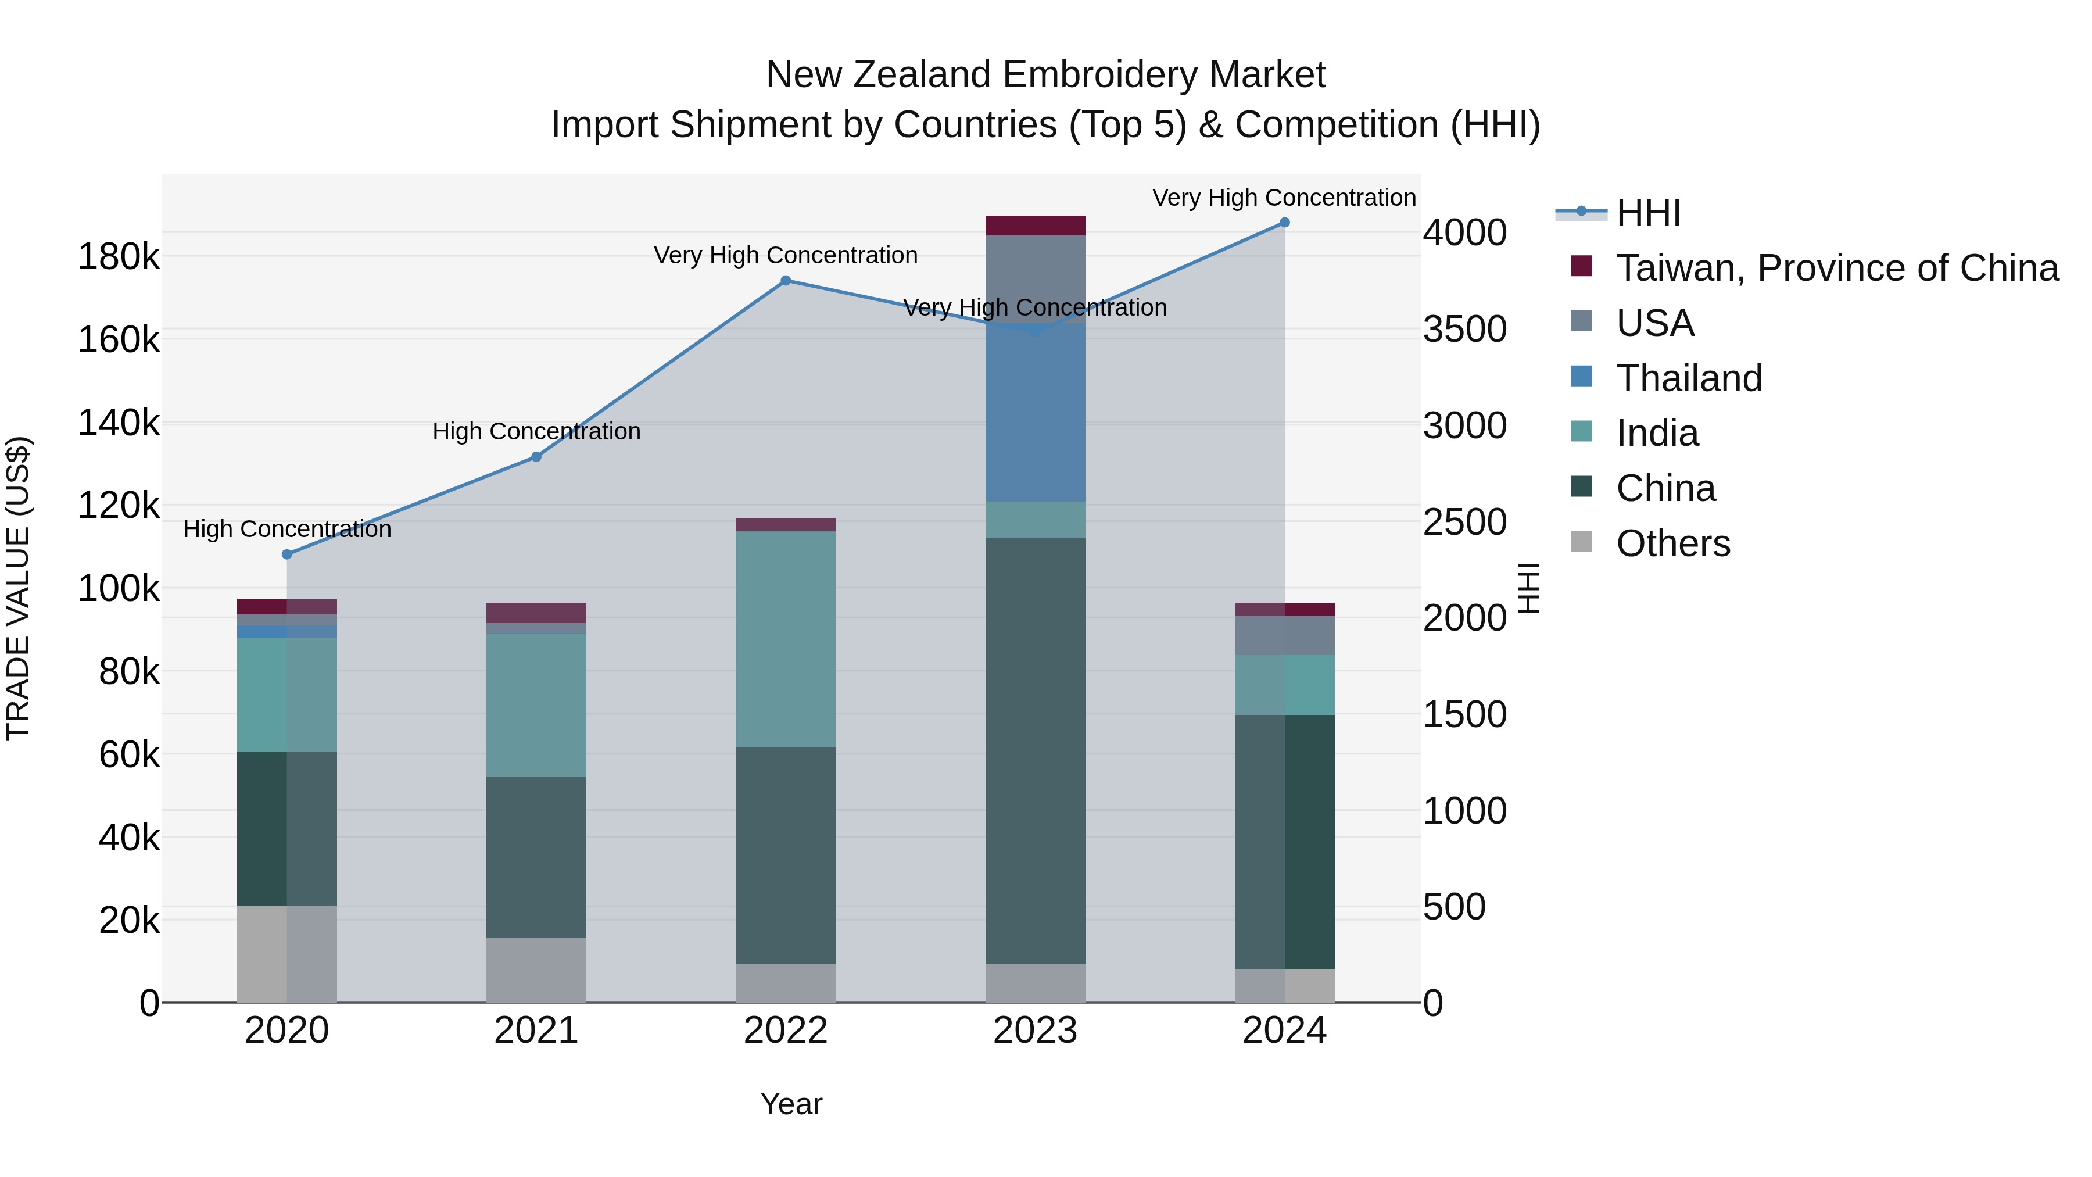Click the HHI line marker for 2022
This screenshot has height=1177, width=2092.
(x=785, y=281)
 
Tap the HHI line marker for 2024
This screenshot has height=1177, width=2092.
(x=1284, y=223)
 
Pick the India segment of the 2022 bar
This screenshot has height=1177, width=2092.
(x=785, y=638)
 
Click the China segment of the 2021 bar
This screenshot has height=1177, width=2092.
(x=536, y=857)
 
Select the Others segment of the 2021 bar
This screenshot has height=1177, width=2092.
(x=536, y=970)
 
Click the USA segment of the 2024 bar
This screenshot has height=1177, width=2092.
(x=1284, y=636)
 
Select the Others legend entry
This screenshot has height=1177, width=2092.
(x=1673, y=543)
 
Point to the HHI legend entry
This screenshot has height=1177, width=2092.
(x=1648, y=213)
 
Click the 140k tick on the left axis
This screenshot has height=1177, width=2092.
(x=119, y=423)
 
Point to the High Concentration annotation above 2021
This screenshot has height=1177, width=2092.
(x=536, y=431)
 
